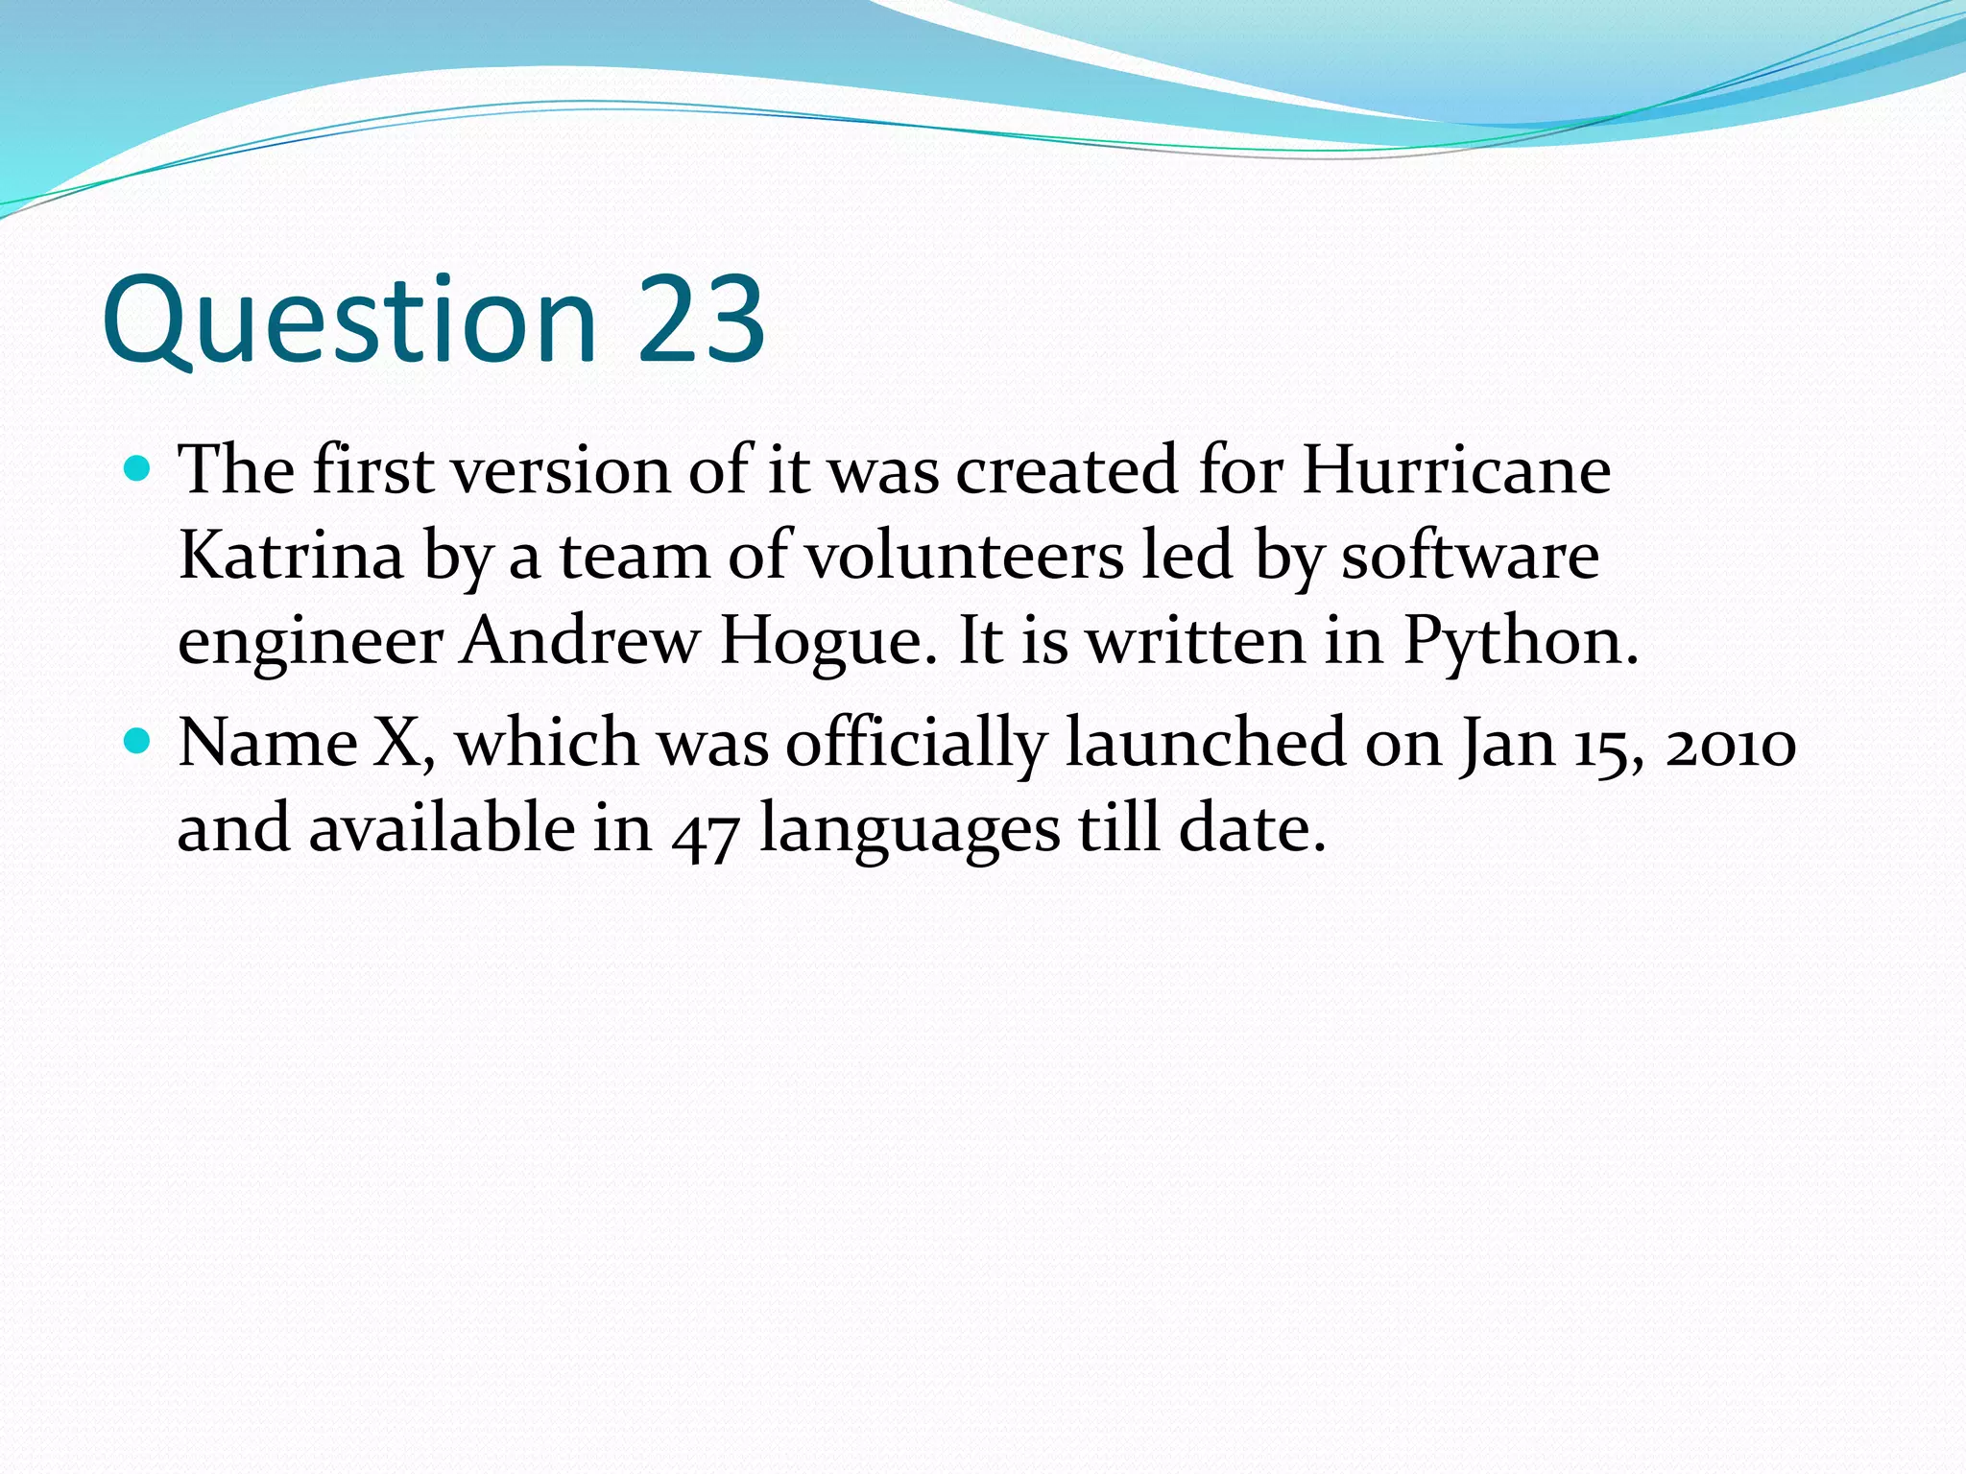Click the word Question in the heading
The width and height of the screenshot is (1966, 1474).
[x=350, y=321]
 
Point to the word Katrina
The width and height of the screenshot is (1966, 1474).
[x=291, y=556]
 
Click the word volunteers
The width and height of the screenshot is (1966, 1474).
[x=964, y=556]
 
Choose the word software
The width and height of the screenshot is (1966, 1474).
[x=1470, y=556]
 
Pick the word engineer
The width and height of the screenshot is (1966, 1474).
[x=309, y=641]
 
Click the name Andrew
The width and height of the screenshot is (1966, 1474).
[x=580, y=640]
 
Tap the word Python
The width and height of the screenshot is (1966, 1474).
[x=1520, y=640]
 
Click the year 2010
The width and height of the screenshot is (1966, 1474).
[x=1730, y=745]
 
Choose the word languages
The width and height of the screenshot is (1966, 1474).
[x=910, y=830]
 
